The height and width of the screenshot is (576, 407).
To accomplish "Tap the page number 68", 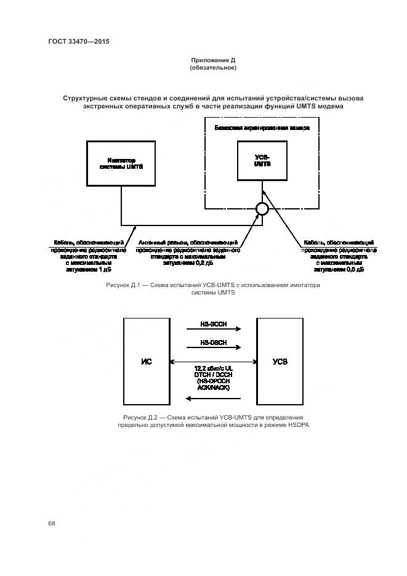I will [x=52, y=523].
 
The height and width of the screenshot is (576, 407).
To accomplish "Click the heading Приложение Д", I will [x=213, y=60].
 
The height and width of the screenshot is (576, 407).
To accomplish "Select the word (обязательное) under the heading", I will [x=213, y=68].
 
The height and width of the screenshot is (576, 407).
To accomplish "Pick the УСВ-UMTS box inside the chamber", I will [x=262, y=161].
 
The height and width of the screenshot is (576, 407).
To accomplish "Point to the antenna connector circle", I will [x=262, y=209].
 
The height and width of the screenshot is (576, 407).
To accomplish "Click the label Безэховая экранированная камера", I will [x=262, y=128].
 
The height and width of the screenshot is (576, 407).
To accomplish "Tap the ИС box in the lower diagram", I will [x=147, y=362].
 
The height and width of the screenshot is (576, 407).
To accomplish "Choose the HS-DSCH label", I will [x=213, y=342].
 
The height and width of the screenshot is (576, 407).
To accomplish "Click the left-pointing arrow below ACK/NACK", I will [x=213, y=397].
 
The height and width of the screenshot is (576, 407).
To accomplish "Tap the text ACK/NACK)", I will [x=213, y=389].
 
